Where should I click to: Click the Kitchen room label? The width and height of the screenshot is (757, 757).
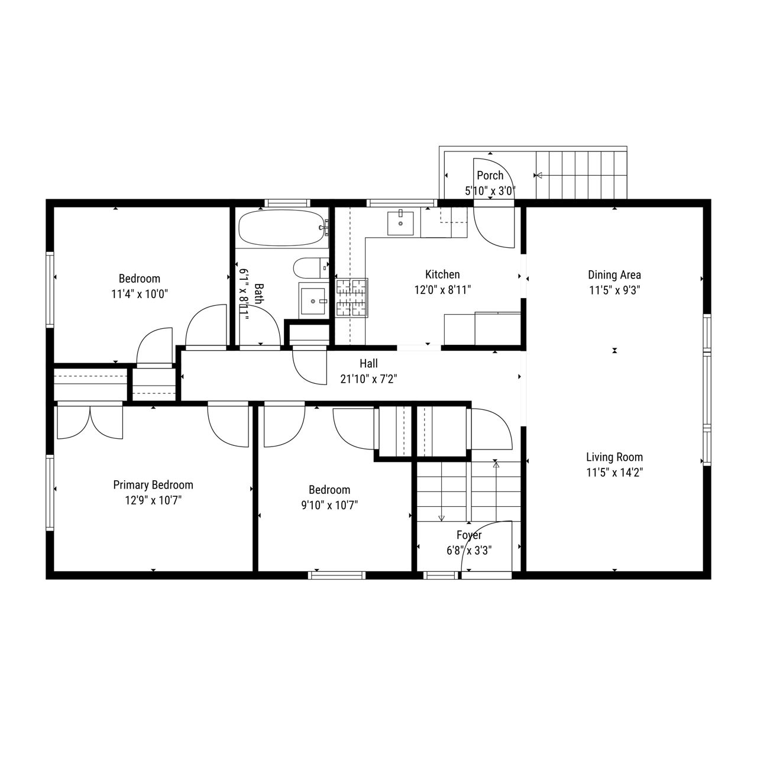click(x=442, y=274)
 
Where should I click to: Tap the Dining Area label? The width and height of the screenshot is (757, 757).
click(x=614, y=274)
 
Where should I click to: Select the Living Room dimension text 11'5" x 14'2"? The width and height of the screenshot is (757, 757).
click(x=614, y=472)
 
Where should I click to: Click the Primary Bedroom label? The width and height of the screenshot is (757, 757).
click(x=153, y=485)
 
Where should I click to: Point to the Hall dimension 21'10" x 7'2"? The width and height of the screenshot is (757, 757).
click(x=368, y=378)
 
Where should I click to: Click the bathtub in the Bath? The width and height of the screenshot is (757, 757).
click(x=283, y=228)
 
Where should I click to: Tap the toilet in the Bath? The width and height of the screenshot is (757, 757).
click(x=311, y=267)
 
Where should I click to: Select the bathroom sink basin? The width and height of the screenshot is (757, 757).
click(x=313, y=301)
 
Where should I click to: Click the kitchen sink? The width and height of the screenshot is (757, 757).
click(x=400, y=223)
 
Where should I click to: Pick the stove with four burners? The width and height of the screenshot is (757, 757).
click(x=352, y=297)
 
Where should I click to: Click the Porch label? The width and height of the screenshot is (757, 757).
click(x=490, y=175)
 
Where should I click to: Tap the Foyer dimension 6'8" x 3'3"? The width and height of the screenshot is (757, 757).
click(x=468, y=551)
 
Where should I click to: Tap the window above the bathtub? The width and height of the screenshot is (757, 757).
click(x=285, y=203)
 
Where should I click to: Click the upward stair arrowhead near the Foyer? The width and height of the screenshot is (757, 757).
click(x=496, y=465)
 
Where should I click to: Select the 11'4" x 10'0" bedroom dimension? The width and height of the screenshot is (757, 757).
click(x=140, y=294)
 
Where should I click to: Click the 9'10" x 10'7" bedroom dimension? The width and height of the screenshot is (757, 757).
click(x=329, y=505)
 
